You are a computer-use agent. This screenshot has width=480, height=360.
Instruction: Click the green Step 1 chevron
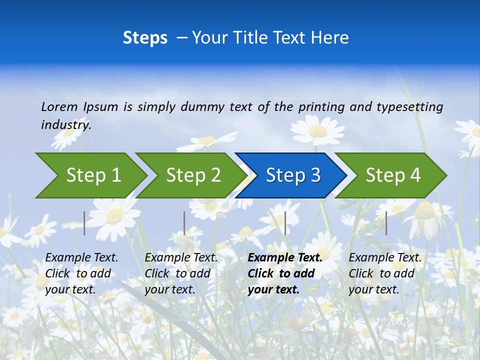(92, 175)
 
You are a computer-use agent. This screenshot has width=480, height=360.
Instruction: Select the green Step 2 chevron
(192, 175)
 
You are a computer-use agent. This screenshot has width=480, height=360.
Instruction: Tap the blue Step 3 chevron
(292, 175)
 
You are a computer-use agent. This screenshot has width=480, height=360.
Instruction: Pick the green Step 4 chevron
(392, 175)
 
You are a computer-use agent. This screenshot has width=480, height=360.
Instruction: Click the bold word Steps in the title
(145, 38)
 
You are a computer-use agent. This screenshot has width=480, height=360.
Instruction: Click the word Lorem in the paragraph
(59, 106)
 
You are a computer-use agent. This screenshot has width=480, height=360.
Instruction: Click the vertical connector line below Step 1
(84, 223)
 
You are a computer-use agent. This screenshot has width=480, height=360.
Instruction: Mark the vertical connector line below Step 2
(184, 223)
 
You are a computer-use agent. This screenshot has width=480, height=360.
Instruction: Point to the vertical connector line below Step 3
(285, 223)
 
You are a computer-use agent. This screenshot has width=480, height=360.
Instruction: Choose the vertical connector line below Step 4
(386, 223)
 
